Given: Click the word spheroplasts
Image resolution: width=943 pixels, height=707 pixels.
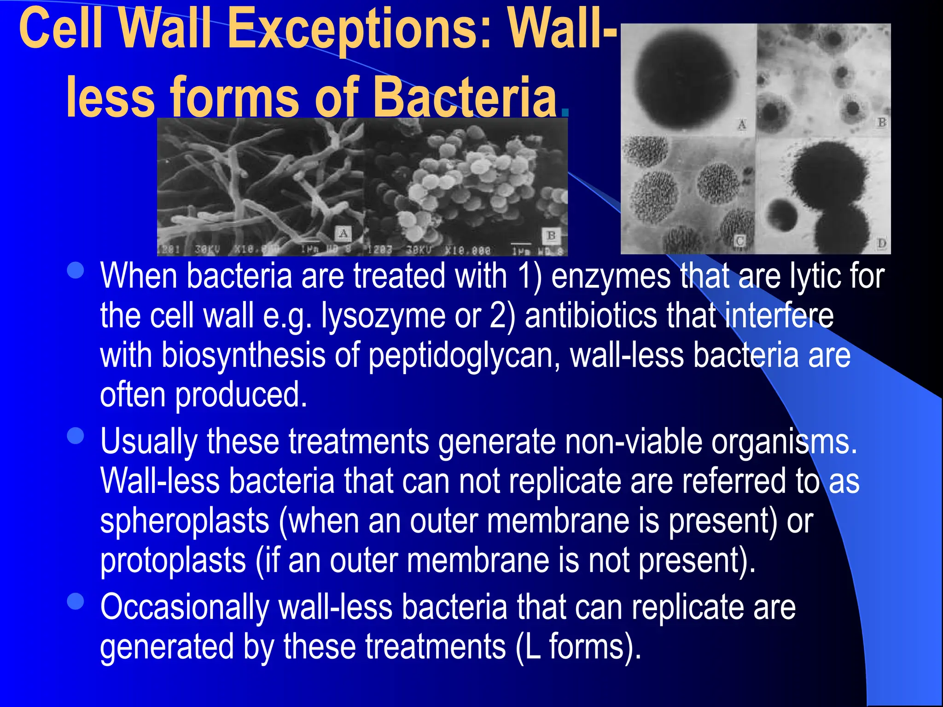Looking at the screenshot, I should click(x=184, y=522).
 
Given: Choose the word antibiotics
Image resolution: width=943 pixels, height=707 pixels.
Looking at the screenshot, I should click(x=591, y=317).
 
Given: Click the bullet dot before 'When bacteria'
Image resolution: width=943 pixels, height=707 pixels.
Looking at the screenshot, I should click(x=76, y=271).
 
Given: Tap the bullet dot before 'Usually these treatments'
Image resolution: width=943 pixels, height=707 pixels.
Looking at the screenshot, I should click(x=76, y=436).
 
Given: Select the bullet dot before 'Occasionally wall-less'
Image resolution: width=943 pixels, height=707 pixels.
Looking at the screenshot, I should click(x=76, y=601).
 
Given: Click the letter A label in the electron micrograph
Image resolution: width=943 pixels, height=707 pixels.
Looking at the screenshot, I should click(x=343, y=233).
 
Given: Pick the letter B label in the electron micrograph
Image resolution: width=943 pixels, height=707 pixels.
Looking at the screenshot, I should click(x=551, y=236).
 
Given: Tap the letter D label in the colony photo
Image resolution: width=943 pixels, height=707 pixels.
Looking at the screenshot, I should click(x=881, y=243).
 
